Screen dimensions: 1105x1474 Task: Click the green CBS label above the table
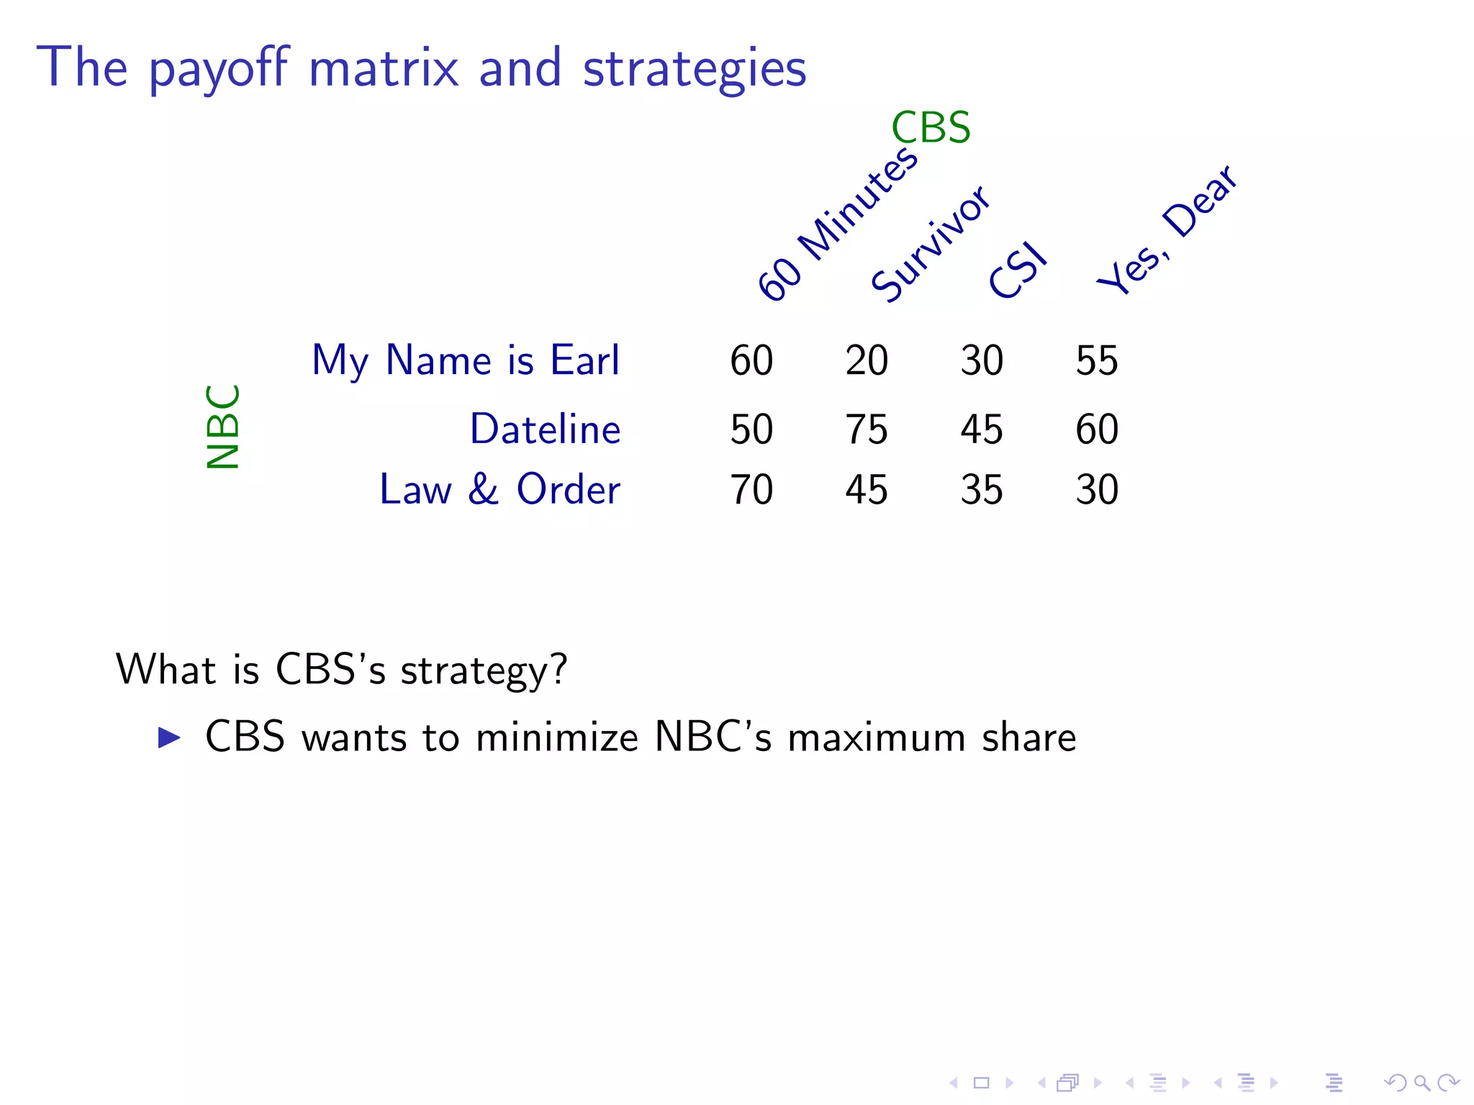[931, 128]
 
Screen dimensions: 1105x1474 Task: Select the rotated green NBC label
[222, 427]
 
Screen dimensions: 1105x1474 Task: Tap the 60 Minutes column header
[837, 224]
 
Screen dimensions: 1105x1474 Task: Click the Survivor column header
[930, 243]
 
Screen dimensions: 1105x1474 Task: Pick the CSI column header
[1017, 270]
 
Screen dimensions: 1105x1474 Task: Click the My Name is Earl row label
[465, 360]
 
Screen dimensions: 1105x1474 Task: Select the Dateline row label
[545, 429]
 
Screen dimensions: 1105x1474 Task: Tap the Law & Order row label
[499, 490]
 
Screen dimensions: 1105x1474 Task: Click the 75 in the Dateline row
[867, 429]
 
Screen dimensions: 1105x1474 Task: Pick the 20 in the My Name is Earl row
[867, 360]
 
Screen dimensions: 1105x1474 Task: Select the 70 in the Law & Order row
[751, 490]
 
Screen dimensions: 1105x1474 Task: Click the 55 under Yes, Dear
[1097, 360]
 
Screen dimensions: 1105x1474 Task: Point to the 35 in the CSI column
[982, 490]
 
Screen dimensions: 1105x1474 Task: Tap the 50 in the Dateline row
[751, 429]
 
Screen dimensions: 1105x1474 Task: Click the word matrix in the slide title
[383, 68]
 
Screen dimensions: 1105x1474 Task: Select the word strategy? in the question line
[484, 670]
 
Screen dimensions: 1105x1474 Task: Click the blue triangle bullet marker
[168, 737]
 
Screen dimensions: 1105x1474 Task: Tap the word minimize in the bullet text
[556, 738]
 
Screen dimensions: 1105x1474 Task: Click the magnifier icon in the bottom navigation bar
[1421, 1083]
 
